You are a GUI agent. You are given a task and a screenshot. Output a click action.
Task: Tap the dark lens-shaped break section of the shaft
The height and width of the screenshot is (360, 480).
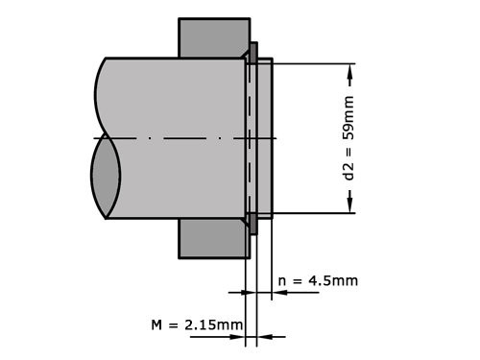[106, 178]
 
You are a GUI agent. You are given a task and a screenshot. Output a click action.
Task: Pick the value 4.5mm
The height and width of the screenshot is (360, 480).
[331, 280]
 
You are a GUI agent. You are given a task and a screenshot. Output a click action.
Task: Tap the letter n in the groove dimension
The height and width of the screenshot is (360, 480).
[282, 280]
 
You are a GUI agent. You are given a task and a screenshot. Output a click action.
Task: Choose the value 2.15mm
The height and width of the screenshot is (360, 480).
[212, 325]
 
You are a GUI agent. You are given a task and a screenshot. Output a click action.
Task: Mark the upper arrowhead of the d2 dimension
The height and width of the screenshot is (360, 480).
[350, 71]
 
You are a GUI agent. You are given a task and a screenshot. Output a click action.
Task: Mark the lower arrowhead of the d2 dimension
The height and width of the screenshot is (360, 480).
[350, 204]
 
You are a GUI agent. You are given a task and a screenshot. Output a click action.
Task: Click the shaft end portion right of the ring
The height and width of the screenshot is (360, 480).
[265, 138]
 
